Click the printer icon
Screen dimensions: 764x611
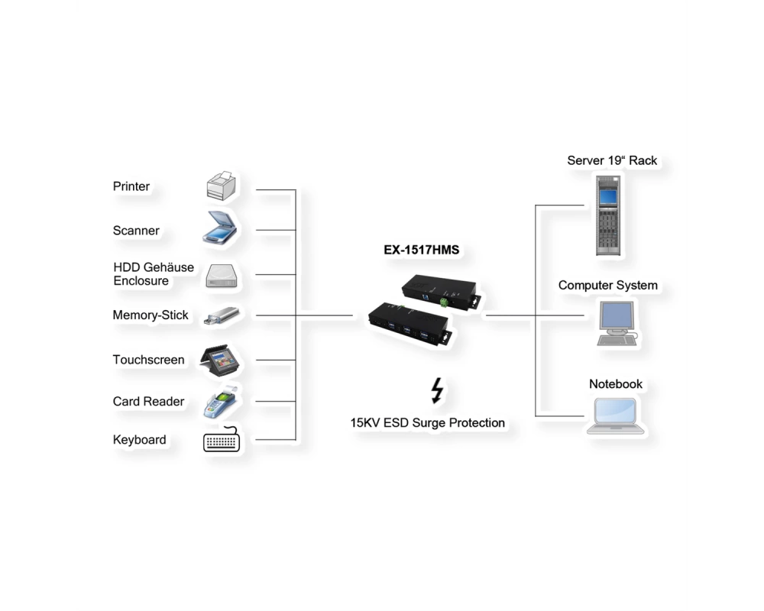[x=222, y=186]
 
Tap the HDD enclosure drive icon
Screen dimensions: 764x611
[x=222, y=275]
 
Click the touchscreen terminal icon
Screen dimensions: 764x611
[x=220, y=360]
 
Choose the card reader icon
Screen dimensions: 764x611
[x=220, y=402]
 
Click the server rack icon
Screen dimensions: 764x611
[x=609, y=215]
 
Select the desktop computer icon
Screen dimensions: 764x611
[x=617, y=323]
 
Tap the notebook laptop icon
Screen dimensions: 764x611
[x=615, y=415]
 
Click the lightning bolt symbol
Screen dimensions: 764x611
[x=438, y=391]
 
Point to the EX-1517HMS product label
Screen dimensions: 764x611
[x=422, y=250]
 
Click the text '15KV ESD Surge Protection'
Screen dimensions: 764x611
[x=427, y=423]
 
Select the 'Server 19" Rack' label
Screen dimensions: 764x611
[x=612, y=160]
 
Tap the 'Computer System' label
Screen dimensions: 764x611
[x=607, y=286]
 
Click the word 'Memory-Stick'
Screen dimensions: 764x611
[x=151, y=315]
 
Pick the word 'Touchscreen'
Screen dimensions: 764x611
[x=149, y=360]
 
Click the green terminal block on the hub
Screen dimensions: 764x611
[x=444, y=302]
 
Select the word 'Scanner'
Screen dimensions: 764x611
[x=136, y=231]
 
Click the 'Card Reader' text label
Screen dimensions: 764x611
[x=149, y=402]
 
